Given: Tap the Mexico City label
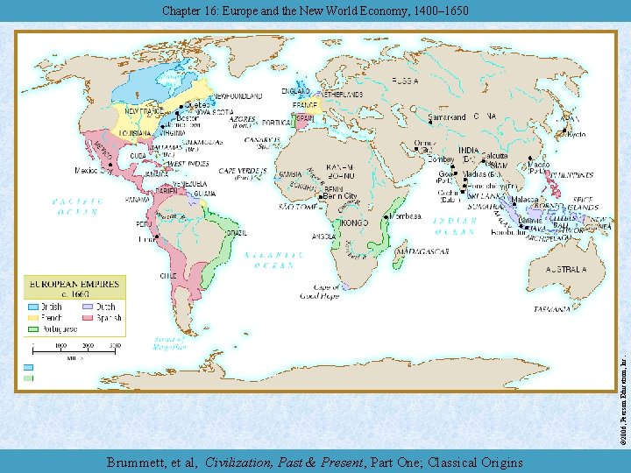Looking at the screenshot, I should [91, 170].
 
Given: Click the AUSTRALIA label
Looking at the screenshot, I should [566, 271].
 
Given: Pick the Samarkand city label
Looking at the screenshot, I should [447, 116].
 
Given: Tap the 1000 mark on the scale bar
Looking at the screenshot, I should [60, 347].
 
